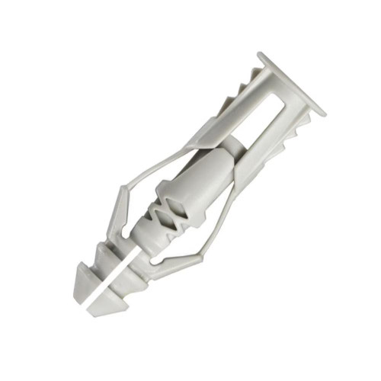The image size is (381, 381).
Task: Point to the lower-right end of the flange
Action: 321,111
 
